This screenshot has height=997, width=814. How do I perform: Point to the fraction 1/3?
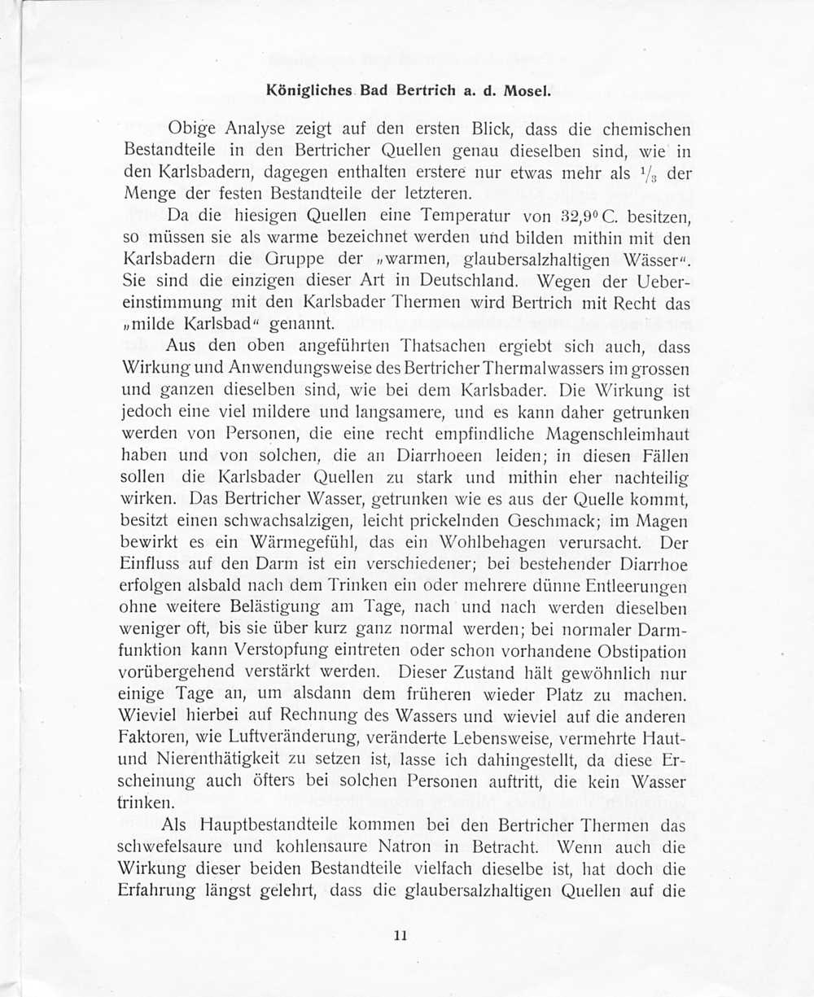[655, 172]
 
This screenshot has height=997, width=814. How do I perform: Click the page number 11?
[400, 935]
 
